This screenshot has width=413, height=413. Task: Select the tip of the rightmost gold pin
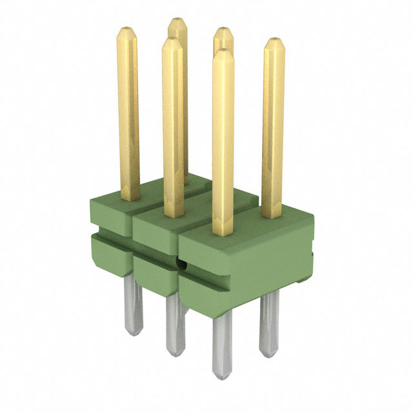coord(274,41)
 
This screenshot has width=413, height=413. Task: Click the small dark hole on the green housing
coord(181,265)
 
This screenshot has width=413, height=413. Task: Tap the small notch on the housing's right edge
coord(311,254)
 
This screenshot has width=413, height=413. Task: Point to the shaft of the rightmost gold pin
coord(274,129)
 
